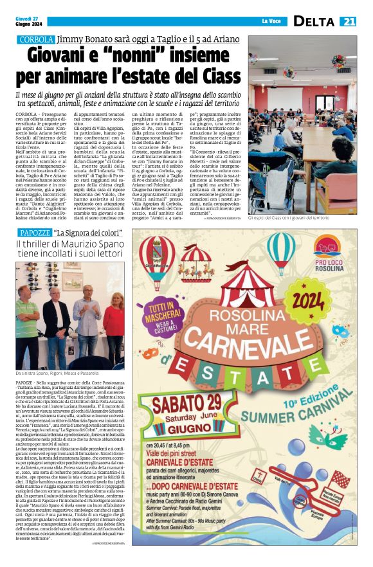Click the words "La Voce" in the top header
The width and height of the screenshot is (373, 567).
tap(271, 22)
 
